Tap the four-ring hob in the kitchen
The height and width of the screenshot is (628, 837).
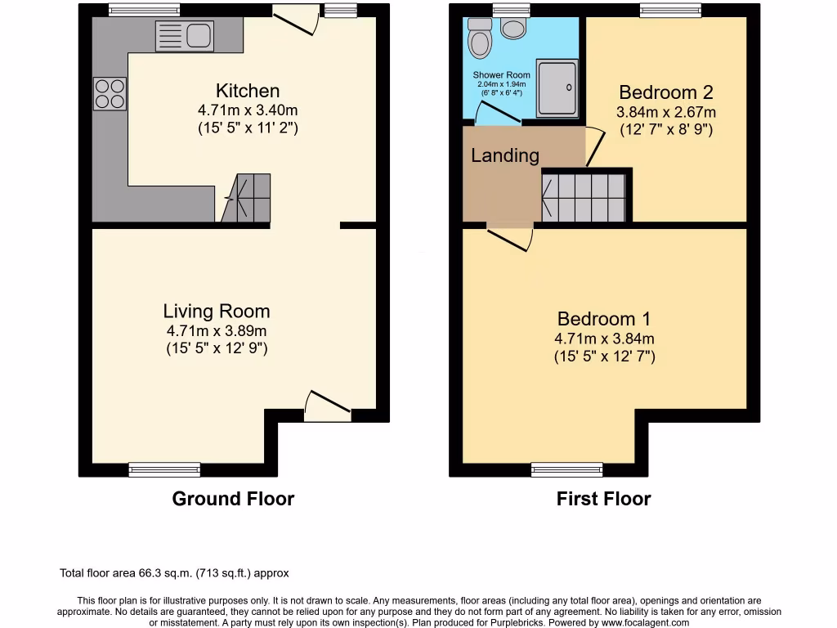110,93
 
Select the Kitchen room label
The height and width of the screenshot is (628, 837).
248,91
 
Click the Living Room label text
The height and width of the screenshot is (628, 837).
217,311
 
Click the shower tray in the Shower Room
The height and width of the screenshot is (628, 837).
557,87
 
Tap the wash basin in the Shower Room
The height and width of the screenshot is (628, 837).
514,29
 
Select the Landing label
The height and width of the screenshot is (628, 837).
505,155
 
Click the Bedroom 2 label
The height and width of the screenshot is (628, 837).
665,92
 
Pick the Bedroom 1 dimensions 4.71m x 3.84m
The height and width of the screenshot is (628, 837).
604,339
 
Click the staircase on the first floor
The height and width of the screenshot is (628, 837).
584,198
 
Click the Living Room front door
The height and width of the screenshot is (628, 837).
328,407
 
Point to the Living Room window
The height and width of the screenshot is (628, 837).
164,469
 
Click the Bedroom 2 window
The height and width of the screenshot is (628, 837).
670,11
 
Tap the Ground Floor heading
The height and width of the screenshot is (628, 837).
233,499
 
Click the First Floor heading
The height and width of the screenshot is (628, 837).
603,499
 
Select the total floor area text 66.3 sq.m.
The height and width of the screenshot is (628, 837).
174,573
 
